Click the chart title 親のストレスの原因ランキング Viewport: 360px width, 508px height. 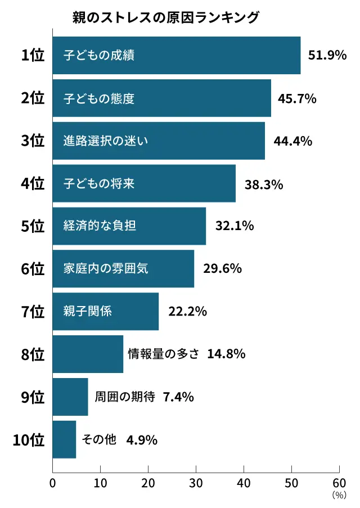click(x=166, y=17)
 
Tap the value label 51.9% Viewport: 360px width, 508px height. click(x=327, y=56)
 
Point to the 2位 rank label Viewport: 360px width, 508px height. click(x=32, y=98)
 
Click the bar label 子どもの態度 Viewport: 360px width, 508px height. click(x=99, y=98)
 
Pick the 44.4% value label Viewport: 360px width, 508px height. click(x=292, y=141)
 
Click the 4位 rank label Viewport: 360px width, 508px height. click(x=32, y=183)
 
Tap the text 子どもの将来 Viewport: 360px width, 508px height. click(x=99, y=183)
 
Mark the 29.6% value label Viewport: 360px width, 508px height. click(x=222, y=269)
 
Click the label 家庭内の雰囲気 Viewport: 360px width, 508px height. click(x=106, y=269)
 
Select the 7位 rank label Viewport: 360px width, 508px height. click(x=32, y=311)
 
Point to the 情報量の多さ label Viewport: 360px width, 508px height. click(x=164, y=354)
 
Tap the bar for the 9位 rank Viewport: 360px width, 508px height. click(x=70, y=397)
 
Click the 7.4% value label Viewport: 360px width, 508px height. click(x=178, y=397)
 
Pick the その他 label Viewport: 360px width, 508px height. click(x=99, y=439)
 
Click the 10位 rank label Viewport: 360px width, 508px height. click(x=29, y=439)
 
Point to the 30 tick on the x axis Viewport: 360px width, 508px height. click(x=196, y=483)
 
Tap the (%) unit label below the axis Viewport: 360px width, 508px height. click(x=339, y=495)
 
